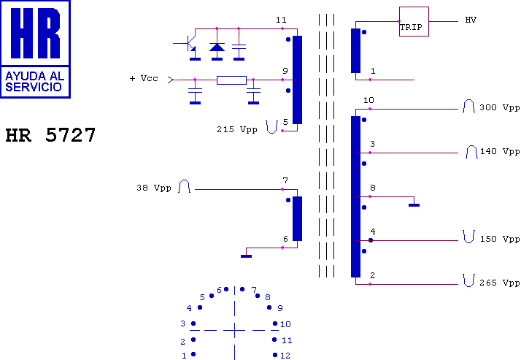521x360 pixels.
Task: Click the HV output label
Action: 471,20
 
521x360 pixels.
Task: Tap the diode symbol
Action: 217,47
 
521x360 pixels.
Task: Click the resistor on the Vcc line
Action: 231,80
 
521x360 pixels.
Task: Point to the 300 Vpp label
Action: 499,107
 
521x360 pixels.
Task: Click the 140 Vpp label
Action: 500,151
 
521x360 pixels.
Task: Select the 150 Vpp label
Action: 500,239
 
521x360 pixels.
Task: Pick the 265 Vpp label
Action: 499,283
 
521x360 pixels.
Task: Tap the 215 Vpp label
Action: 237,129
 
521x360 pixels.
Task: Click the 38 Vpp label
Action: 154,188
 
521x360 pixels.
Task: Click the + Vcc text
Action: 144,78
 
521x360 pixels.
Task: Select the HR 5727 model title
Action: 50,134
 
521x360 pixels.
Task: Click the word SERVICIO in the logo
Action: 34,87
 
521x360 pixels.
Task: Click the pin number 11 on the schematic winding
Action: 281,20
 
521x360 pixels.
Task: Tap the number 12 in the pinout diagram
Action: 285,356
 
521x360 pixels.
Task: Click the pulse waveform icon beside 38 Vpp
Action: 184,186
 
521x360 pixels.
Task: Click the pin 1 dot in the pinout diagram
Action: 193,354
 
